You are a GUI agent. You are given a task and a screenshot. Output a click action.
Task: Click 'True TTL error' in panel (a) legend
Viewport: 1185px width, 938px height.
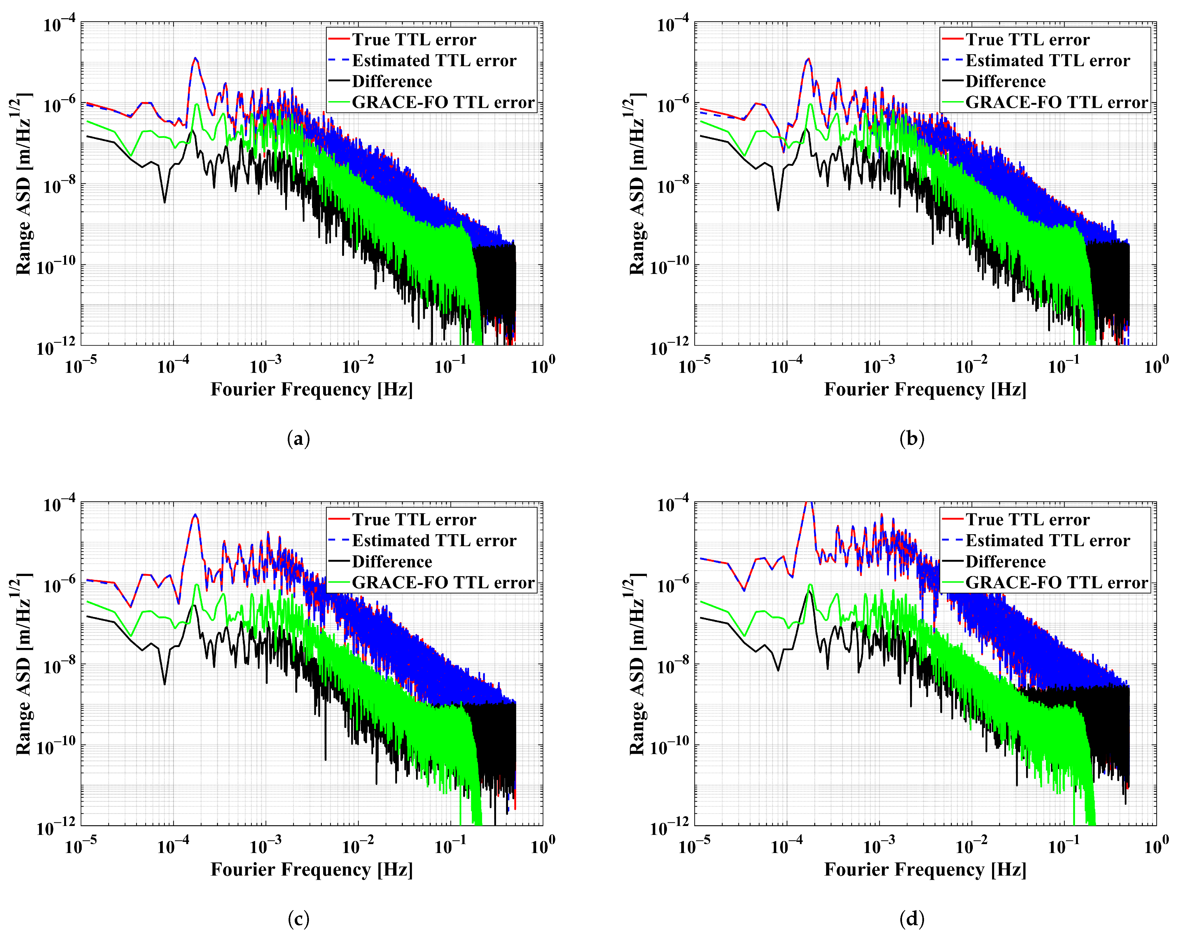click(x=414, y=40)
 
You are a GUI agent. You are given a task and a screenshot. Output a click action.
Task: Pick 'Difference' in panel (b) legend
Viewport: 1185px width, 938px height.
click(x=1005, y=81)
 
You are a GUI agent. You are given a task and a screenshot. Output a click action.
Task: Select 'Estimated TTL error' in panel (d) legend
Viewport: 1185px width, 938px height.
click(x=1048, y=540)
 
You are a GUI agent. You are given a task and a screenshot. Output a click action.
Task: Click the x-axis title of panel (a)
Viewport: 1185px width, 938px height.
click(x=311, y=389)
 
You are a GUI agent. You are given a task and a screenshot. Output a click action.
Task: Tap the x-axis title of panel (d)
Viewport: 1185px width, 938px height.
click(x=925, y=869)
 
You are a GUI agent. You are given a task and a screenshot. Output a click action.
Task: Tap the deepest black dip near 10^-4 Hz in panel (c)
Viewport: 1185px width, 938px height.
click(x=164, y=684)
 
